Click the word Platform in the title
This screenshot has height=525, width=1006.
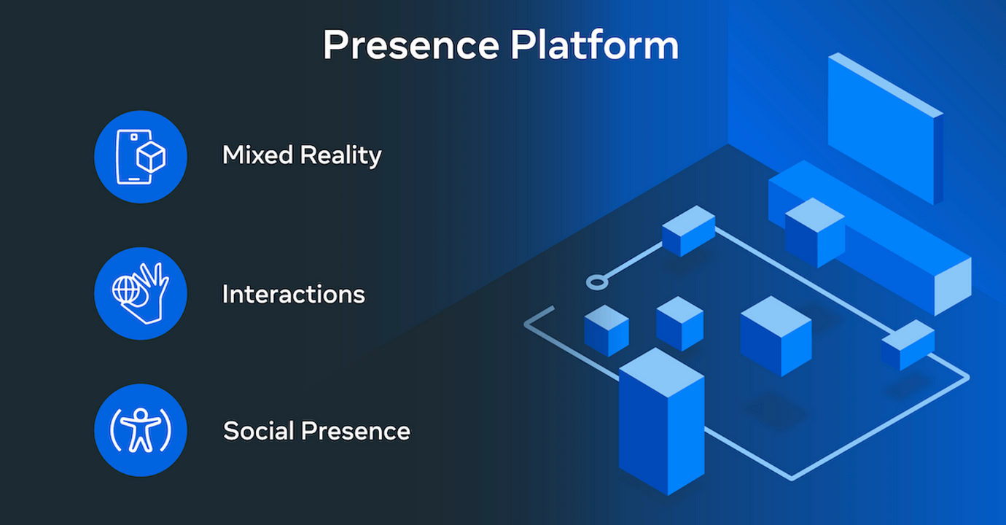click(x=594, y=45)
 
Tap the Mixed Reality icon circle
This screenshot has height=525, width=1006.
click(x=141, y=157)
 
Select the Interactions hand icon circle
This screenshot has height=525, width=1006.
click(x=141, y=293)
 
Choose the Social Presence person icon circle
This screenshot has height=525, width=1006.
click(x=141, y=430)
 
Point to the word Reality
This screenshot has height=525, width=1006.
click(x=343, y=156)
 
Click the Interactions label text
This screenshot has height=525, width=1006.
click(x=293, y=294)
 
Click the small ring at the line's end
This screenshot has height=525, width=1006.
click(x=596, y=281)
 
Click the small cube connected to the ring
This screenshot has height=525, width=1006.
click(x=688, y=230)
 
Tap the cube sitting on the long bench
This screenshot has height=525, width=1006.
click(x=814, y=231)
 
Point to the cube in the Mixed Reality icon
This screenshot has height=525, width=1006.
click(x=152, y=157)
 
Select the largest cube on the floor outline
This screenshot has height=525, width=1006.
click(x=775, y=335)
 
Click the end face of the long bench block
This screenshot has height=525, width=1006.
click(x=952, y=287)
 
